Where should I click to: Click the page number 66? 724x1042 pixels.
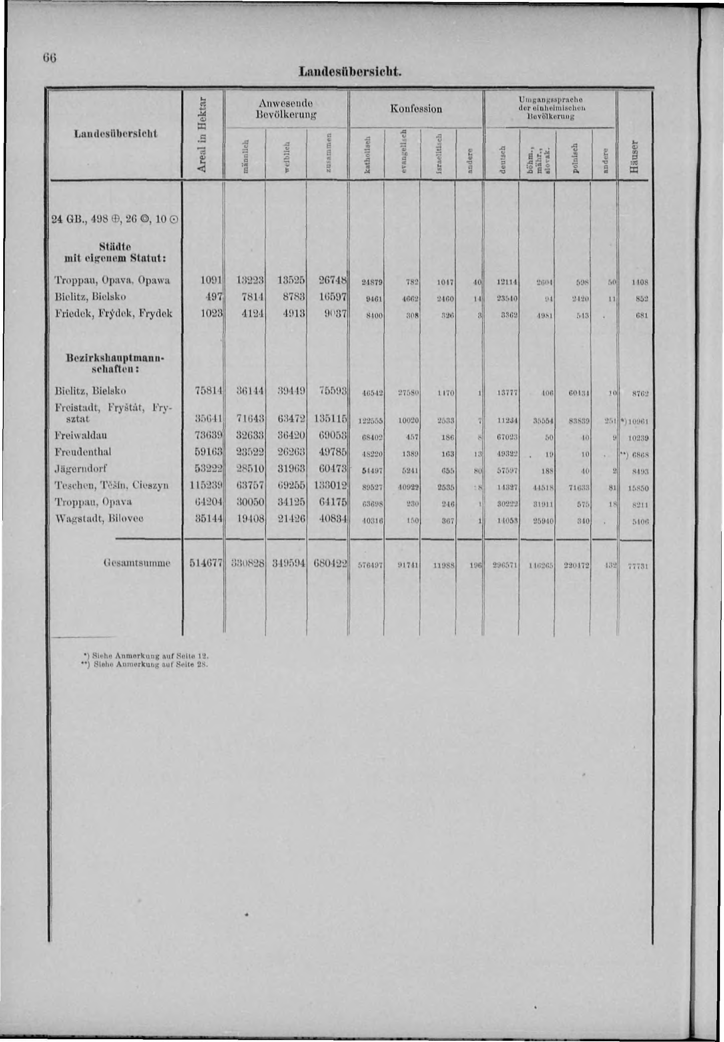point(50,58)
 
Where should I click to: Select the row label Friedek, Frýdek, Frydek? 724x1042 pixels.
point(113,314)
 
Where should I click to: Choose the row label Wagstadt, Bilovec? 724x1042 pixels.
point(99,518)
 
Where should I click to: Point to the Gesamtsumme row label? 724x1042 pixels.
point(136,563)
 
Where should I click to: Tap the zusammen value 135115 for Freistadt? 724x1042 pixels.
point(330,419)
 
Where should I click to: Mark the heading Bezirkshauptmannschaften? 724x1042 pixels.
point(111,363)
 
